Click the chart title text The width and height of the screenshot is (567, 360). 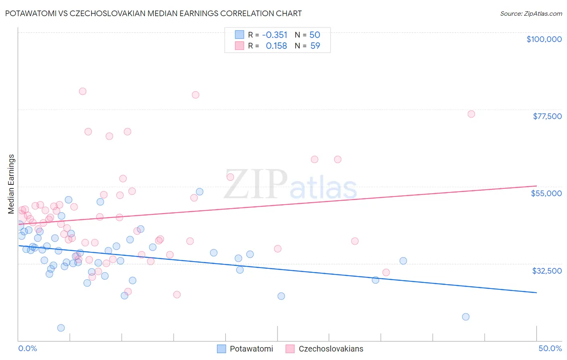coord(153,13)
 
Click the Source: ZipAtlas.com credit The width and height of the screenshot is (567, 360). coord(531,13)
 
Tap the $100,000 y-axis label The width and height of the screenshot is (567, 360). coord(544,39)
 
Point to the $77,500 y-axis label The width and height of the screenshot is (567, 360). coord(547,116)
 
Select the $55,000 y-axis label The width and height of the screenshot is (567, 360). coord(546,193)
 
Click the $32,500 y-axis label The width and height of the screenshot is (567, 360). coord(547,271)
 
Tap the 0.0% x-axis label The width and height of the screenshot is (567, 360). coord(27,348)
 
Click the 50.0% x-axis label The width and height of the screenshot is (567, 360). coord(550,348)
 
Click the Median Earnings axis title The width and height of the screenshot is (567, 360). coord(11,184)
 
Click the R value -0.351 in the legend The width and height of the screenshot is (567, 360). coord(275,35)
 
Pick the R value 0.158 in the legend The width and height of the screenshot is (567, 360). coord(276,46)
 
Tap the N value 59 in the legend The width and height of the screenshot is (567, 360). coord(315,46)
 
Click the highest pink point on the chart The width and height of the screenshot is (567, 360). coord(82,91)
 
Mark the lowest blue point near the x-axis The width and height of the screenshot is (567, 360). coord(61,328)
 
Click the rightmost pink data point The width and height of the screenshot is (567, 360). coord(471,114)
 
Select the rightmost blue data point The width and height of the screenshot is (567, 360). coord(466,317)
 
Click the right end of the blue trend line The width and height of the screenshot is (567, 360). coord(536,292)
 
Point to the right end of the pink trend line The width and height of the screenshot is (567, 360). coord(536,186)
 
